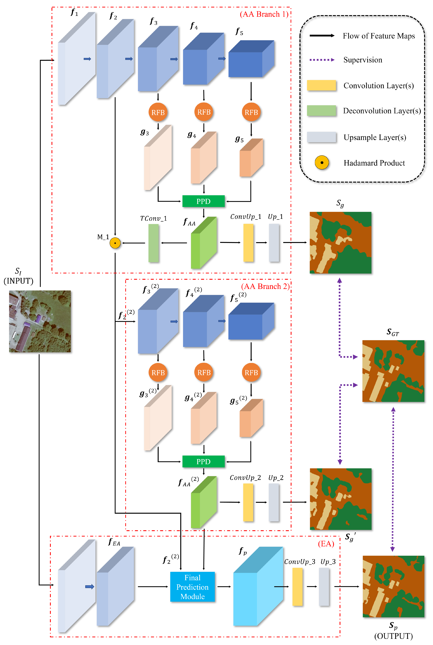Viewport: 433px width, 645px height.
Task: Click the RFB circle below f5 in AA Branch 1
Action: pyautogui.click(x=251, y=112)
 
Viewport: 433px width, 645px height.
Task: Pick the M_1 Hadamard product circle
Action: pyautogui.click(x=115, y=243)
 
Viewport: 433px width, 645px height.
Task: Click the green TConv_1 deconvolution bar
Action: pyautogui.click(x=154, y=243)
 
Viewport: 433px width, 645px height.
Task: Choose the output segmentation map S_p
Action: pyautogui.click(x=393, y=587)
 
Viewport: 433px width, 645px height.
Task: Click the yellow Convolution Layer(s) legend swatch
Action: pyautogui.click(x=321, y=85)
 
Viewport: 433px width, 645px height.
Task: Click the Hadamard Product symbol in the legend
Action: pyautogui.click(x=322, y=163)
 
